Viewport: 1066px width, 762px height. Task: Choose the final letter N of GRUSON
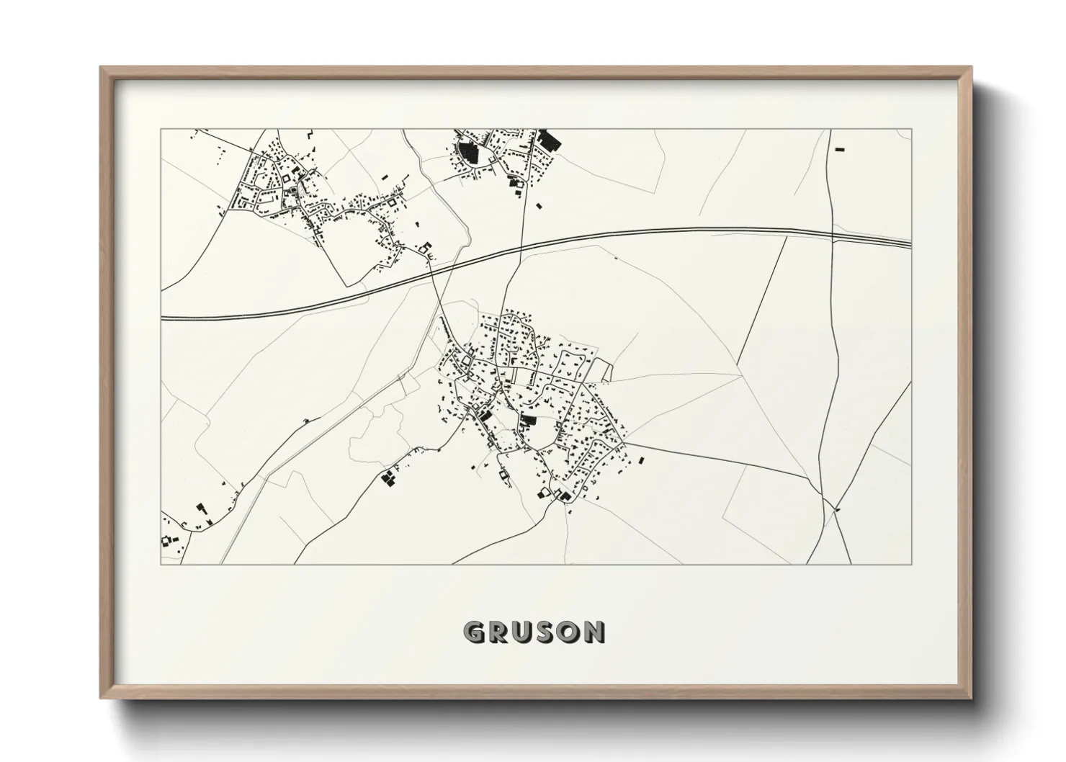tap(594, 632)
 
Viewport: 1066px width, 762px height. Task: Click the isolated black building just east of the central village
tap(641, 460)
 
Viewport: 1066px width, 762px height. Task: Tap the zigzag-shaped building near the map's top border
tap(310, 134)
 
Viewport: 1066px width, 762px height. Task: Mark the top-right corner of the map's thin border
tap(911, 129)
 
